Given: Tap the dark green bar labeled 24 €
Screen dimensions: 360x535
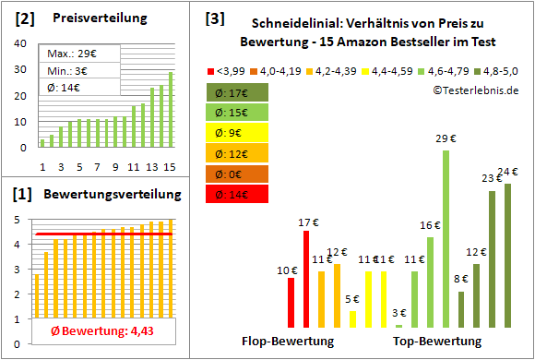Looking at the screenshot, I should click(x=505, y=255).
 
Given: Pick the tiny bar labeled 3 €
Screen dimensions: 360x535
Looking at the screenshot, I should click(x=399, y=325).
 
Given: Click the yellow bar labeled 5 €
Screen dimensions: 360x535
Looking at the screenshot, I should click(x=353, y=319).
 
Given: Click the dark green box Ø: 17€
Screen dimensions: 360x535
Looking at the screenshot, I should click(x=237, y=92).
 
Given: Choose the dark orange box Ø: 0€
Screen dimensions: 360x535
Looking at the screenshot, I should click(x=237, y=174).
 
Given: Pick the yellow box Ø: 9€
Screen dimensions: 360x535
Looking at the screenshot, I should click(x=237, y=133).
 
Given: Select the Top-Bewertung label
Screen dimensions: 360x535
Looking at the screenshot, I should click(x=437, y=342).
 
